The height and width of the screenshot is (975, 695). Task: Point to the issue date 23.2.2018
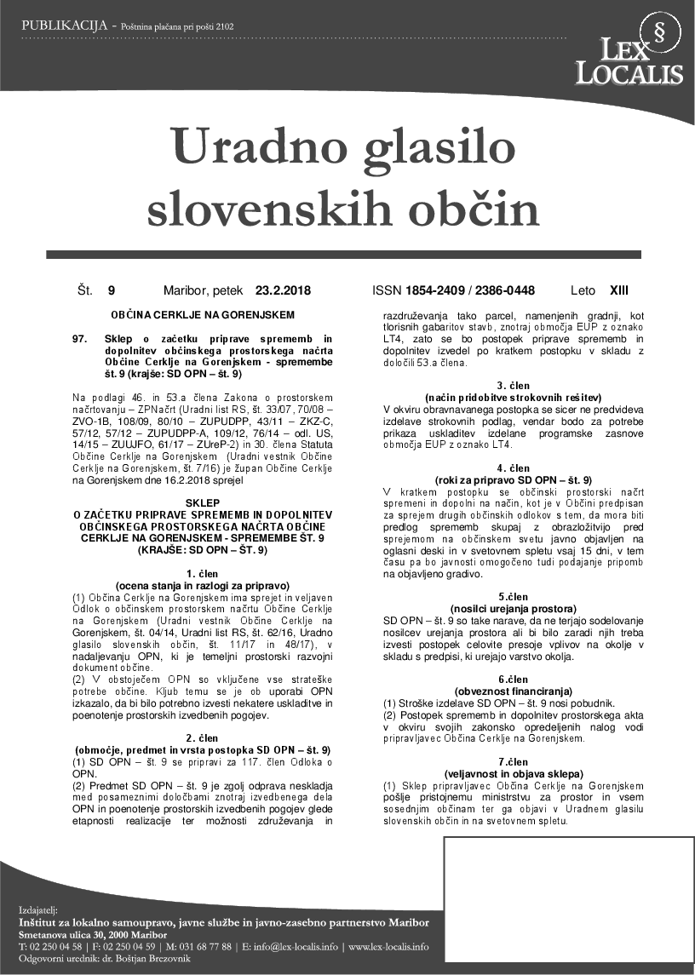tap(283, 290)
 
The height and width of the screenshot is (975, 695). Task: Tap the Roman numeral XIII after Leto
tap(619, 290)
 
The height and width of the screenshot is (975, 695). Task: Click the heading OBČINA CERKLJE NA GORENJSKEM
tap(202, 314)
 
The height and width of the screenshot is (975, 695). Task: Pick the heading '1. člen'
tap(202, 574)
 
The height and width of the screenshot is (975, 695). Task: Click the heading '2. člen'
tap(202, 737)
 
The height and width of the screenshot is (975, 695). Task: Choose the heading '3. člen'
tap(514, 386)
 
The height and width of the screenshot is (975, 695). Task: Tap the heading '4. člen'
tap(514, 468)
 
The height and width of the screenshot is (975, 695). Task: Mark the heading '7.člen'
tap(514, 762)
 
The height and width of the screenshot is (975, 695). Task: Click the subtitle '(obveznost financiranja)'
tap(514, 691)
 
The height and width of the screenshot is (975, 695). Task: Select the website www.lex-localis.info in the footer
tap(388, 946)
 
